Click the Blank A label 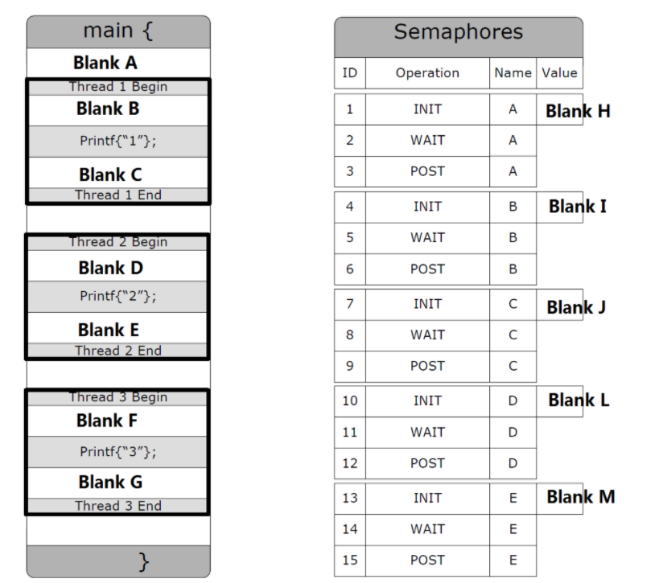click(105, 62)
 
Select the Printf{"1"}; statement click(117, 141)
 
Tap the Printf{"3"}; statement click(117, 452)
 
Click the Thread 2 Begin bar click(117, 242)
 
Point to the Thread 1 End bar click(117, 195)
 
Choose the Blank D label click(110, 267)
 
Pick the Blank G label click(110, 482)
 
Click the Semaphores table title click(458, 33)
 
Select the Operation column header click(427, 73)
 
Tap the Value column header click(559, 73)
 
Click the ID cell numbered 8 click(350, 335)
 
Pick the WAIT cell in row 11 click(427, 432)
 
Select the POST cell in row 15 click(427, 560)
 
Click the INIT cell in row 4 click(427, 207)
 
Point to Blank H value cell click(577, 111)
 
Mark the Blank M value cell click(579, 497)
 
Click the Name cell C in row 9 click(513, 366)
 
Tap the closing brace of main click(144, 560)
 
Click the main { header click(118, 31)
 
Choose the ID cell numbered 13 click(350, 498)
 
